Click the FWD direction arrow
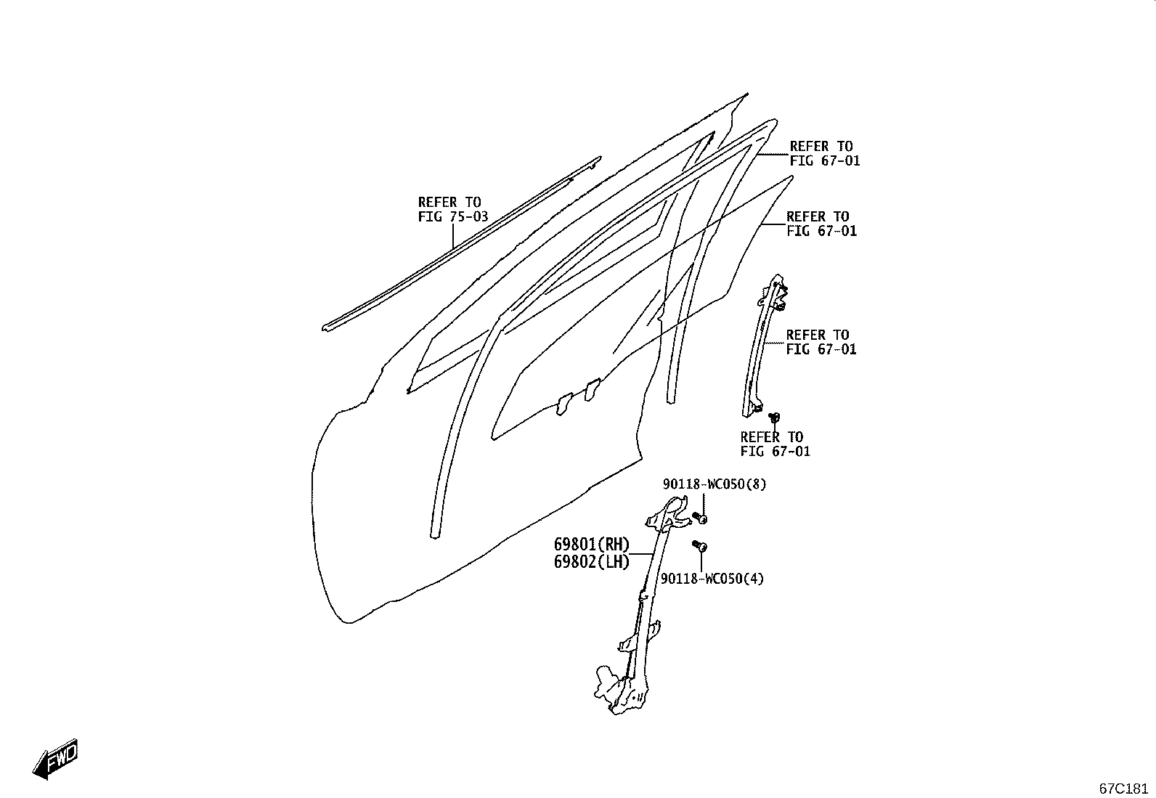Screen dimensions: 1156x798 tap(55, 759)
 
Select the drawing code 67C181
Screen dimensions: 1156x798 tap(1123, 789)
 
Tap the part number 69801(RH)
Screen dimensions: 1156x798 tap(591, 544)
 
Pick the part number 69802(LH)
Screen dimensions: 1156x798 tap(591, 561)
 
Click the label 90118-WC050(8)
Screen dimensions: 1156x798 tap(715, 484)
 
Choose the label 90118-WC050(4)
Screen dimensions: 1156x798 tap(712, 579)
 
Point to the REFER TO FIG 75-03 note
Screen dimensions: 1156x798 tap(452, 209)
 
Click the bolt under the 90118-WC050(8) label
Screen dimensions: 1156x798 tap(700, 517)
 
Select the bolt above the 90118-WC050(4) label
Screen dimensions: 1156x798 tap(700, 545)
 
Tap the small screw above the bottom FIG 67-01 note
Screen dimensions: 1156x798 tap(773, 417)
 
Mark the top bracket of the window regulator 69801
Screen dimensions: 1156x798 tap(668, 515)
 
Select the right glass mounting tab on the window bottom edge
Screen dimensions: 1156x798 tap(592, 389)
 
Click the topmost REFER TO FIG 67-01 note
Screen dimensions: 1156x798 tap(825, 153)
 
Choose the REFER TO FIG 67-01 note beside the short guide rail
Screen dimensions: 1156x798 tap(821, 342)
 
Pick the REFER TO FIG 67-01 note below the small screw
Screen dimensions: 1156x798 tap(775, 444)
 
